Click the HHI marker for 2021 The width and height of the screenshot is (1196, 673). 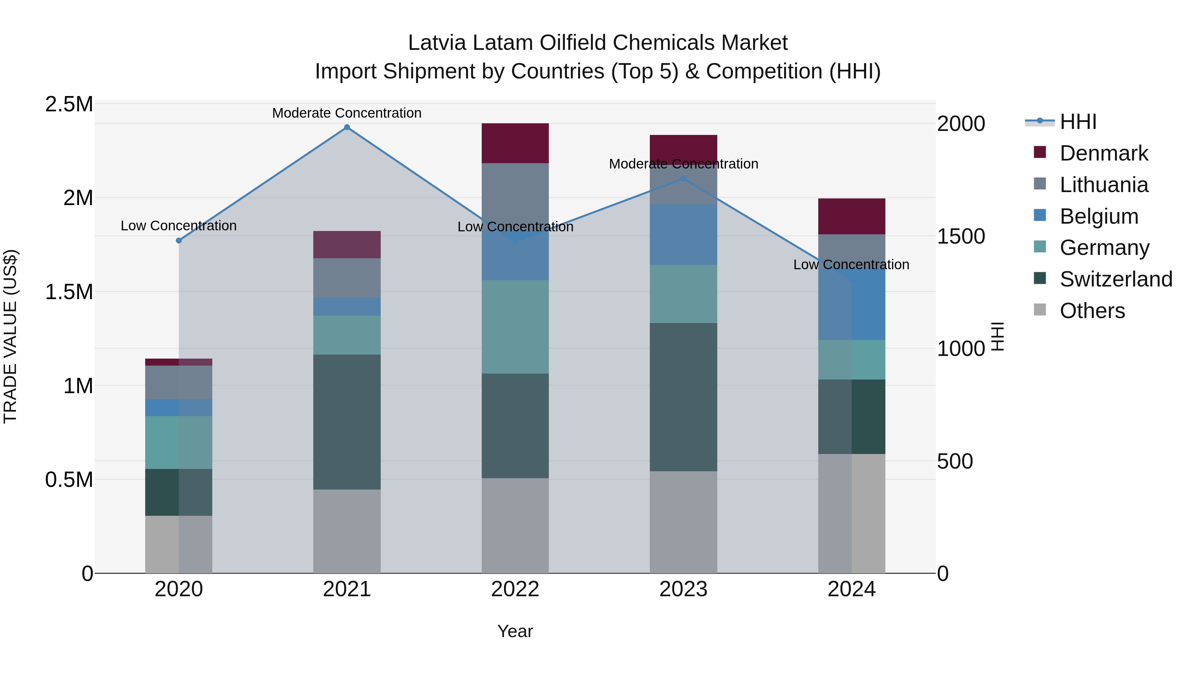tap(347, 127)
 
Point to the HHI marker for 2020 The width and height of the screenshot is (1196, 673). tap(179, 241)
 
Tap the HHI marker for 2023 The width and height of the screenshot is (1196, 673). tap(683, 179)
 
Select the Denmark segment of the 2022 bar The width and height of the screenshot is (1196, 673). tap(515, 143)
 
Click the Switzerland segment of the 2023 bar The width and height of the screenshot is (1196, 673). tap(683, 397)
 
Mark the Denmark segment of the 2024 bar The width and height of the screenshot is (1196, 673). tap(851, 216)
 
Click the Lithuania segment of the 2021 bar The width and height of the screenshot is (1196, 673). tap(347, 278)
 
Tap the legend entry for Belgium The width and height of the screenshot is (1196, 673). tap(1099, 216)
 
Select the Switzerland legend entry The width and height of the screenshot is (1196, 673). tap(1116, 280)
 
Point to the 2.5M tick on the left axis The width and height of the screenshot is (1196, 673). tap(69, 104)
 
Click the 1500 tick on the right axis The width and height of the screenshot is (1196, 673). tap(960, 236)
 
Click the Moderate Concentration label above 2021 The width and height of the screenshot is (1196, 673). tap(347, 113)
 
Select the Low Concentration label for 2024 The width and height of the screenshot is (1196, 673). tap(851, 265)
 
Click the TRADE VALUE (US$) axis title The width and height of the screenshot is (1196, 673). tap(11, 337)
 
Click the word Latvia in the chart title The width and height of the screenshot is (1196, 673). tap(437, 43)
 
